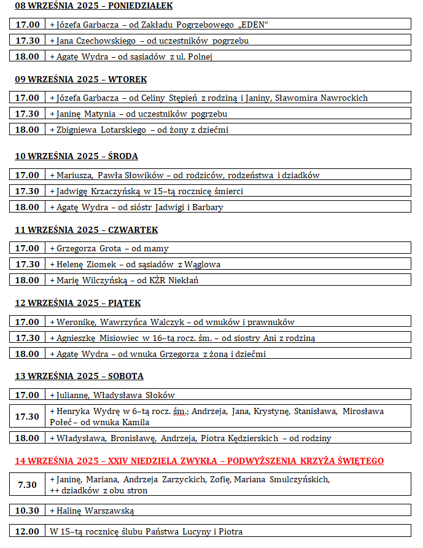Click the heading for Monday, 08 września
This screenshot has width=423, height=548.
[93, 6]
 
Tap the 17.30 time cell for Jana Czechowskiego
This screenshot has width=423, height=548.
[27, 41]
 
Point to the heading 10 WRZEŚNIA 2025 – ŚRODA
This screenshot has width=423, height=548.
[76, 157]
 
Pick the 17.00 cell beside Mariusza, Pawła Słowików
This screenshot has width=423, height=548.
[27, 175]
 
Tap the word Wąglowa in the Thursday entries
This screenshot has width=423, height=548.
[203, 265]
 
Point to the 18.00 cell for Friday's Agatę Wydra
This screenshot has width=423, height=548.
[27, 354]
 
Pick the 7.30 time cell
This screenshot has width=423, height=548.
[27, 484]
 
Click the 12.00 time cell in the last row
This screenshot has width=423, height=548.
[27, 531]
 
